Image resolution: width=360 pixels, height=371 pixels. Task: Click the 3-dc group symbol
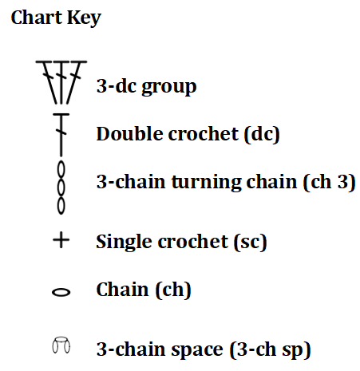tap(61, 82)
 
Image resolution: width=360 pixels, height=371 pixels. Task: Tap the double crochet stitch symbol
tap(61, 135)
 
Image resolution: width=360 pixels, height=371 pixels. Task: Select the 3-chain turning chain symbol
tap(61, 187)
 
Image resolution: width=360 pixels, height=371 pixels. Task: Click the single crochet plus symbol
tap(61, 240)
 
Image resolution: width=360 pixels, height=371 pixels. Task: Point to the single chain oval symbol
tap(61, 292)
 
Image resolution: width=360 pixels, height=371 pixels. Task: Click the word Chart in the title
tap(37, 18)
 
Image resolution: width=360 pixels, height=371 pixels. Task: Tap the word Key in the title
tap(84, 18)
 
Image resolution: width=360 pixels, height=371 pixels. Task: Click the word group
tap(169, 87)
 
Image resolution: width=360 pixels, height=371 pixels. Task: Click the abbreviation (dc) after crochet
tap(262, 134)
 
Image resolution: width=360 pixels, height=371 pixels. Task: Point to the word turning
tap(207, 183)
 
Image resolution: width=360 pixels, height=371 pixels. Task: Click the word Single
tap(127, 243)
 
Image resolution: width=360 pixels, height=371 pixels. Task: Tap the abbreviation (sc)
tap(251, 242)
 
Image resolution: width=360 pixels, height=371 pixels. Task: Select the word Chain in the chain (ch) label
tap(122, 289)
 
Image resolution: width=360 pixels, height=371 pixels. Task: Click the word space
tap(197, 350)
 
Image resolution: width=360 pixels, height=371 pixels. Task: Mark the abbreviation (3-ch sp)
tap(270, 349)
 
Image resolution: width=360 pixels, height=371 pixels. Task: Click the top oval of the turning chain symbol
tap(61, 169)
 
